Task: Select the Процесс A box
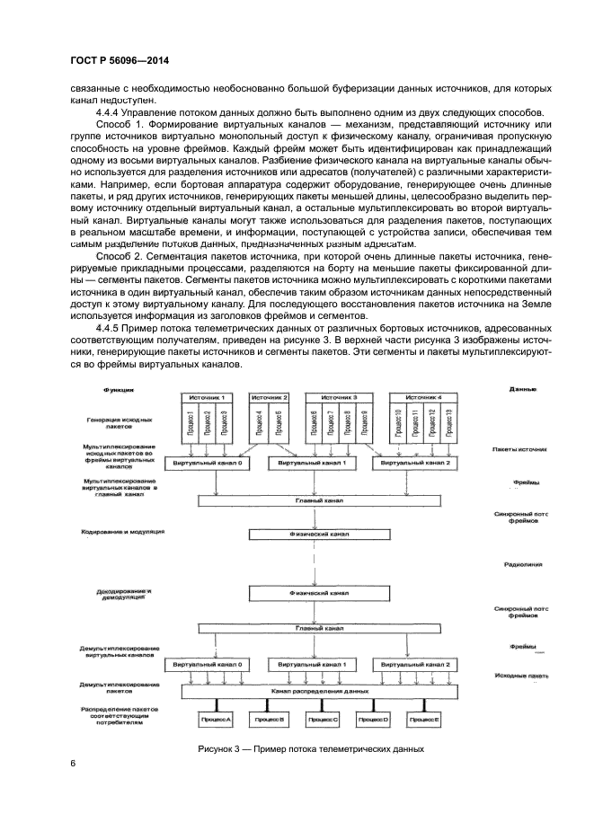click(x=217, y=720)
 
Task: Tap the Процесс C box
click(x=322, y=720)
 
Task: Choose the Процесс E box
click(x=424, y=720)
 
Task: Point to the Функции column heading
click(x=118, y=390)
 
